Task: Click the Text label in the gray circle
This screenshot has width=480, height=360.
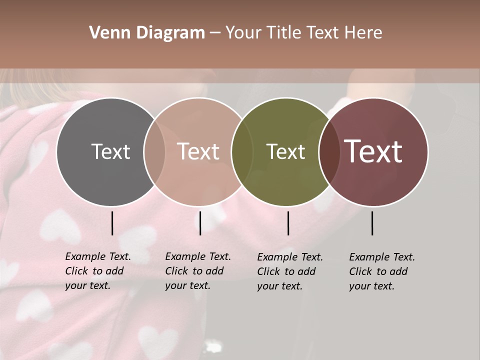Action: pyautogui.click(x=110, y=151)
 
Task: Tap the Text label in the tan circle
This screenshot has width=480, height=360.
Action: pyautogui.click(x=198, y=151)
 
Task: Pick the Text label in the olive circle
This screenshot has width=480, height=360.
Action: pyautogui.click(x=285, y=151)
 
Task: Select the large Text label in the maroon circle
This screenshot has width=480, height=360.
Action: pyautogui.click(x=373, y=151)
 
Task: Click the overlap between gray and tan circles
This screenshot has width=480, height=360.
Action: pyautogui.click(x=154, y=151)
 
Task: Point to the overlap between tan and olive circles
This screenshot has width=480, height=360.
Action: pyautogui.click(x=242, y=151)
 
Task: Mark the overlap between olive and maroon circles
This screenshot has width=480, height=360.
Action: pyautogui.click(x=329, y=151)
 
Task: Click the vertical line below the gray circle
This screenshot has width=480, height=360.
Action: pyautogui.click(x=112, y=223)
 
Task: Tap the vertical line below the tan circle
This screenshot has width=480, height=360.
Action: pyautogui.click(x=200, y=223)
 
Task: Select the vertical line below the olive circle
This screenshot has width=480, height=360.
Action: pyautogui.click(x=288, y=223)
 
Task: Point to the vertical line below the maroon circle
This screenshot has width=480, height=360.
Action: pyautogui.click(x=372, y=223)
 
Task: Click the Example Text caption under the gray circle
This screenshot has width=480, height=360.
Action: pyautogui.click(x=97, y=271)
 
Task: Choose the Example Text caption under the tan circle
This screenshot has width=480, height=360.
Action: pyautogui.click(x=197, y=271)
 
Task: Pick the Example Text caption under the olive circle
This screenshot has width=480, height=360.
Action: pyautogui.click(x=289, y=271)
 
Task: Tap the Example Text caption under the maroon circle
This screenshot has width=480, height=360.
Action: pyautogui.click(x=381, y=271)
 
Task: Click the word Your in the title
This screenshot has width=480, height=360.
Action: pyautogui.click(x=243, y=33)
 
